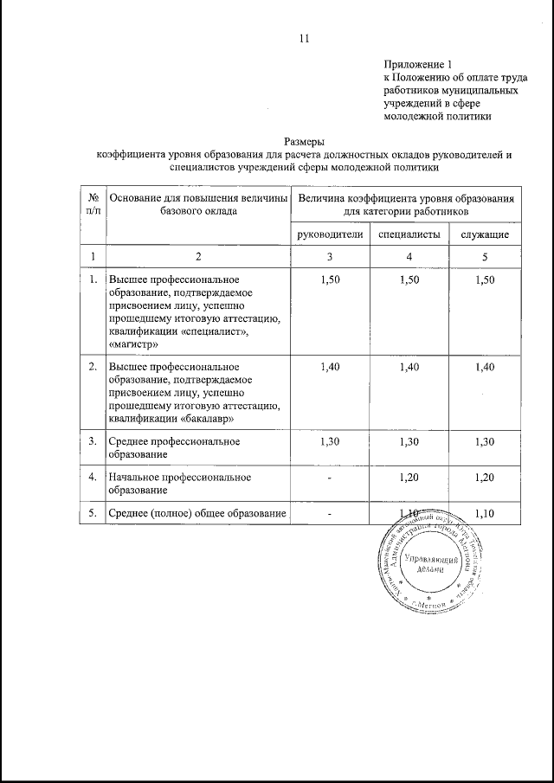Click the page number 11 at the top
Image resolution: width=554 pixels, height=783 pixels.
(x=303, y=37)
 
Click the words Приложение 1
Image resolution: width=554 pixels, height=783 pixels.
(x=417, y=64)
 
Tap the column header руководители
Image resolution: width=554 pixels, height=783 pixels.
(x=330, y=234)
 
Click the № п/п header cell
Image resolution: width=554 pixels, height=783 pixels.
(x=93, y=204)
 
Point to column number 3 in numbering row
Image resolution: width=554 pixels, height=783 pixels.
(x=330, y=257)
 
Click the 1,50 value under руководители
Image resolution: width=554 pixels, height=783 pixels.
(x=330, y=281)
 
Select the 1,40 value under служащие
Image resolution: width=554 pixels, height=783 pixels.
(x=484, y=368)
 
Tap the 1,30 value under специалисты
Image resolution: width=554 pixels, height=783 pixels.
(x=409, y=442)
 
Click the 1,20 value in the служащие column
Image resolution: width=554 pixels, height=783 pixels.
(x=484, y=478)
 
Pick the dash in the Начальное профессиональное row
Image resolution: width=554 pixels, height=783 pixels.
(x=330, y=478)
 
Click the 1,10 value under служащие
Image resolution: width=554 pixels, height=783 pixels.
(x=484, y=514)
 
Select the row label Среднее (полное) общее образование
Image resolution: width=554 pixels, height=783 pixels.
(x=197, y=514)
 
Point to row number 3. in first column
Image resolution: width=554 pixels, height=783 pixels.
(x=93, y=442)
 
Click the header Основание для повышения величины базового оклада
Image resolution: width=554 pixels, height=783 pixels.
(x=197, y=204)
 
